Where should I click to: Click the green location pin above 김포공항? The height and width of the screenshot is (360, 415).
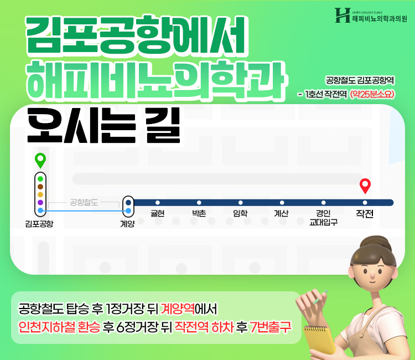(40, 160)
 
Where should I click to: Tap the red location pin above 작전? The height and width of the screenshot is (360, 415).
(365, 186)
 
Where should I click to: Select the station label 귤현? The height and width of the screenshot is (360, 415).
(158, 213)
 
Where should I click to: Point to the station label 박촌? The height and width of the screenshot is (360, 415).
(199, 213)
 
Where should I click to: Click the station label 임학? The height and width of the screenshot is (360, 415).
(240, 213)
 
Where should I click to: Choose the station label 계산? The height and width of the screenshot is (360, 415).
(281, 213)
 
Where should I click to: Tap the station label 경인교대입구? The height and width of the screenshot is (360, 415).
(324, 218)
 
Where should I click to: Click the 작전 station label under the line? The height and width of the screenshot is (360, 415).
(365, 214)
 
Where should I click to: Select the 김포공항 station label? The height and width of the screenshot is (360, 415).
(39, 224)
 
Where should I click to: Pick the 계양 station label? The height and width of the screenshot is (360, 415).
(128, 224)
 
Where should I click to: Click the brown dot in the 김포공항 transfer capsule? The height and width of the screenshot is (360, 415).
(40, 187)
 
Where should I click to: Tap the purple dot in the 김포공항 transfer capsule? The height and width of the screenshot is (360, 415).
(40, 202)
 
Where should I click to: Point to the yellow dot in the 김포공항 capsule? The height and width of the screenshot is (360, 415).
(40, 194)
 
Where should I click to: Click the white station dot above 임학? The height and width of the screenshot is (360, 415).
(240, 203)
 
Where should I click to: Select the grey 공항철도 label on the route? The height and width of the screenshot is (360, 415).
(84, 203)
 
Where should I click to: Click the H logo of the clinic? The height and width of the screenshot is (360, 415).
(343, 15)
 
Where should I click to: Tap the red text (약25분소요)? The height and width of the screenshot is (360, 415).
(372, 94)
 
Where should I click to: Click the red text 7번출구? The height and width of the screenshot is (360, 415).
(270, 327)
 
